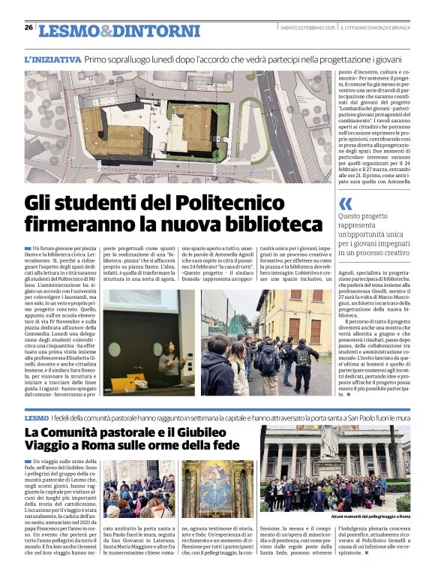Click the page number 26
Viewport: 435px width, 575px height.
[x=28, y=27]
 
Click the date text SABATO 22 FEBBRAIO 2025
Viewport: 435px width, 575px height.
[x=306, y=28]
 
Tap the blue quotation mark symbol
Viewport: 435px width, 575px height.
[x=346, y=203]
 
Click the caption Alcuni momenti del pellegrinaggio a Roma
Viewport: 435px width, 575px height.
[x=370, y=517]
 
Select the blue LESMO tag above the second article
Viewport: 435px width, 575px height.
[x=36, y=417]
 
